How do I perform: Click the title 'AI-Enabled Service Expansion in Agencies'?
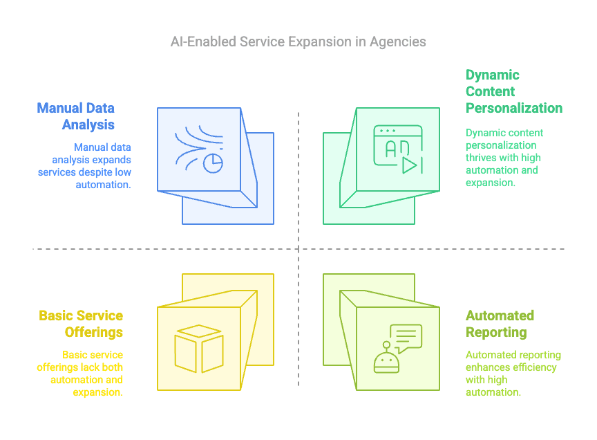pos(298,42)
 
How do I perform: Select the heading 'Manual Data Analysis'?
pos(76,116)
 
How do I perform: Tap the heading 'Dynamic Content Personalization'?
pos(513,91)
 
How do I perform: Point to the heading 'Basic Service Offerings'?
pos(81,324)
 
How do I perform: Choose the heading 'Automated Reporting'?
pos(500,324)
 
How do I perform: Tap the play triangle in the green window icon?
pos(410,165)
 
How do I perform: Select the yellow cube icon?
pos(198,348)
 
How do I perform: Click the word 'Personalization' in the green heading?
pos(513,108)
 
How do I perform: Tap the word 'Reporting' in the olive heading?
pos(496,332)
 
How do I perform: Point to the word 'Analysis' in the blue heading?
pos(88,125)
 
